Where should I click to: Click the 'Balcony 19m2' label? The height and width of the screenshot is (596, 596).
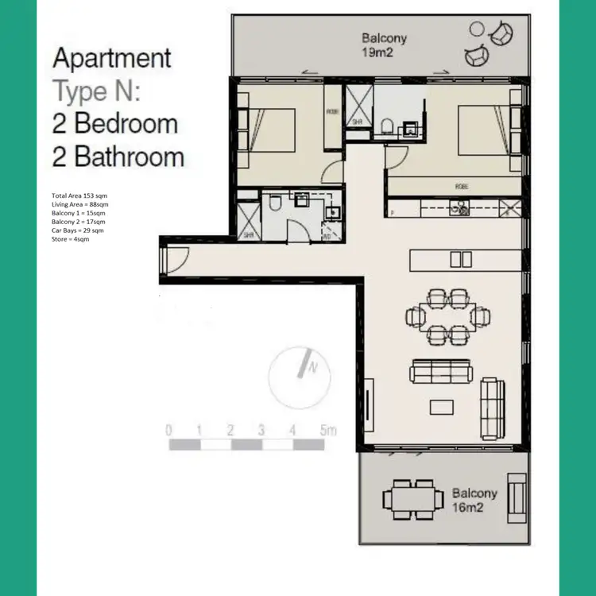(385, 45)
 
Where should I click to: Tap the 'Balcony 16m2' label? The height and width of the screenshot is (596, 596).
(474, 500)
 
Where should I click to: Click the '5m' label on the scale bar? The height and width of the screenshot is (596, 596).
(327, 430)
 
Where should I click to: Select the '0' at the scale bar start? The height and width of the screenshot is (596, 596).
(168, 430)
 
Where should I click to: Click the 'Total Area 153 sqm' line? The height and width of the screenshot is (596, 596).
(78, 195)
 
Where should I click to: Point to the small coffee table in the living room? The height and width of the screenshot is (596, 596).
(442, 406)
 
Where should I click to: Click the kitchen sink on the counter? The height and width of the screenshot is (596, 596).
(459, 209)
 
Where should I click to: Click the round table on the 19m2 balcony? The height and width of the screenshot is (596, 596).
(476, 30)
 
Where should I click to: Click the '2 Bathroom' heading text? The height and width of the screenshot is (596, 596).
(118, 157)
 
